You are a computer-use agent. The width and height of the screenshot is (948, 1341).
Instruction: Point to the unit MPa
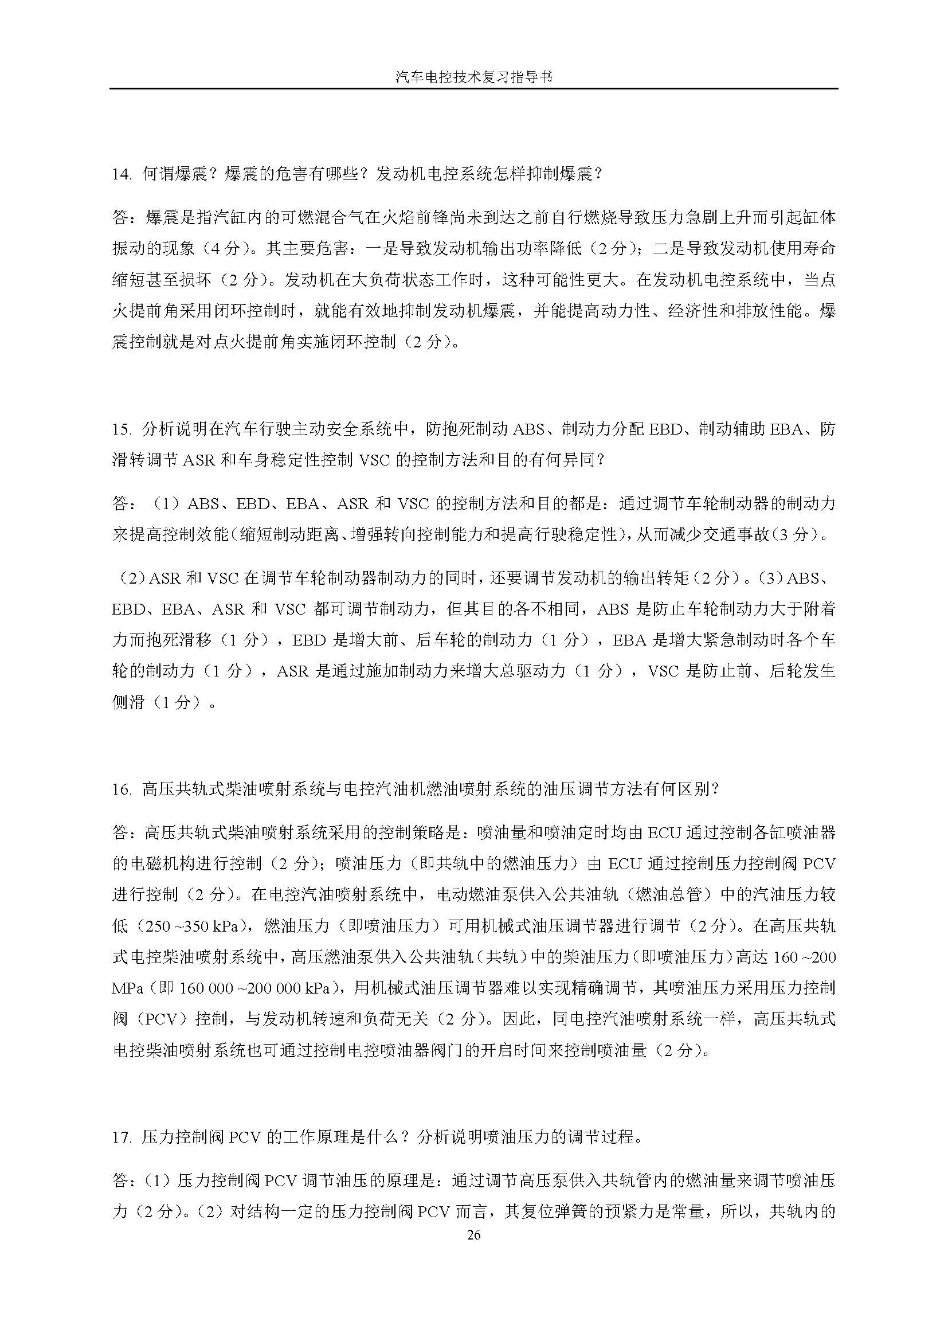(x=128, y=988)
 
